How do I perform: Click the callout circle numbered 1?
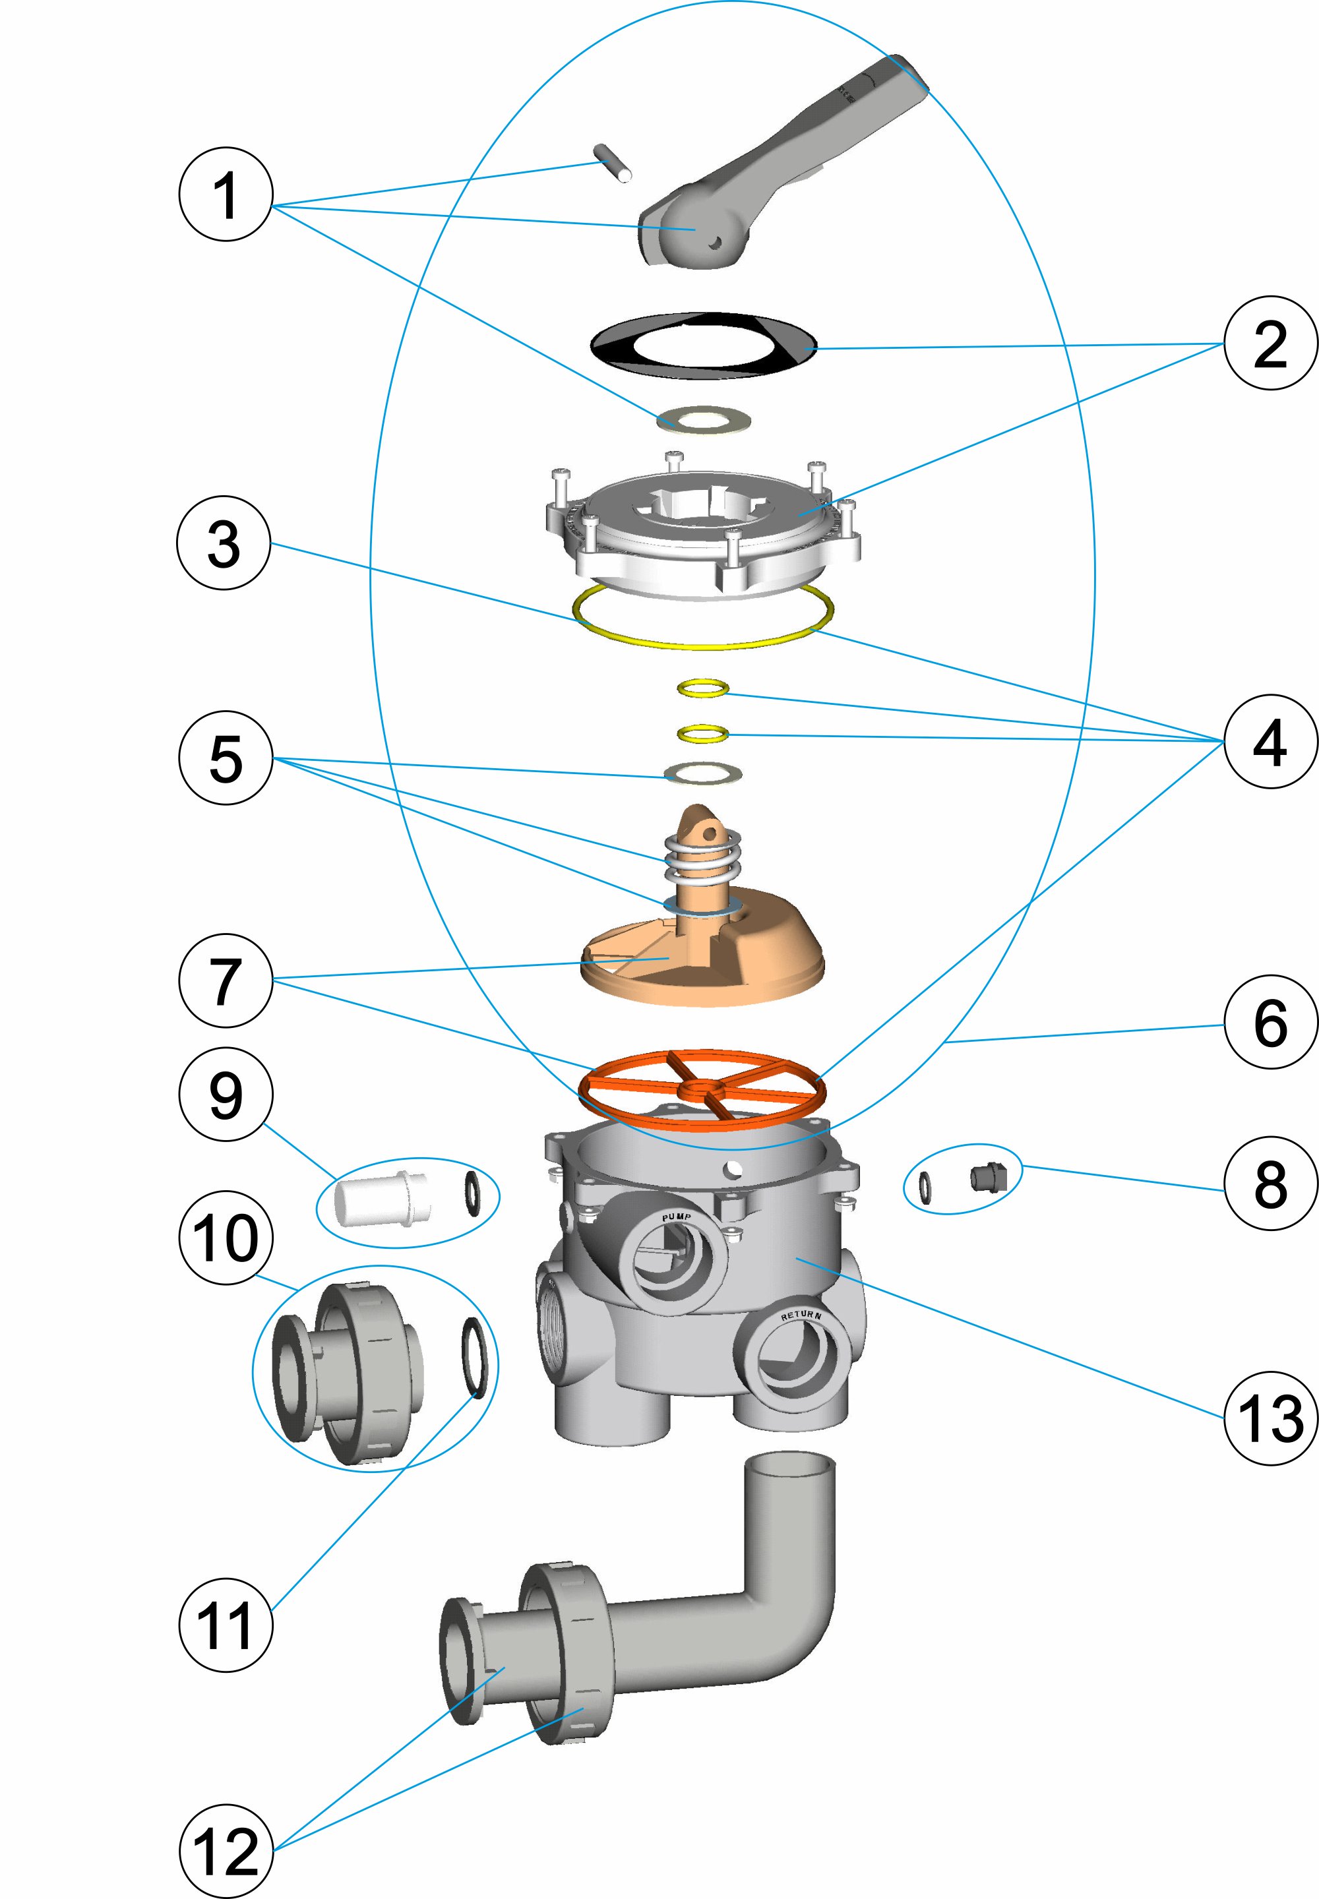[x=226, y=195]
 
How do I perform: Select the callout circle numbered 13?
[x=1270, y=1419]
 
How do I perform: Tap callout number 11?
[x=226, y=1625]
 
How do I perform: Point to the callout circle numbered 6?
[x=1270, y=1022]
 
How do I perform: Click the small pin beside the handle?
[x=613, y=163]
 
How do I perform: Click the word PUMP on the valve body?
[x=676, y=1217]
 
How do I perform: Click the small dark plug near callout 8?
[x=987, y=1178]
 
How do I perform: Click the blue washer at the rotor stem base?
[x=702, y=908]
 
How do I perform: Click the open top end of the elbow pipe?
[x=789, y=1466]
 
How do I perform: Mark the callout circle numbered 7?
[x=226, y=981]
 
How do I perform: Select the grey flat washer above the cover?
[x=703, y=420]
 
